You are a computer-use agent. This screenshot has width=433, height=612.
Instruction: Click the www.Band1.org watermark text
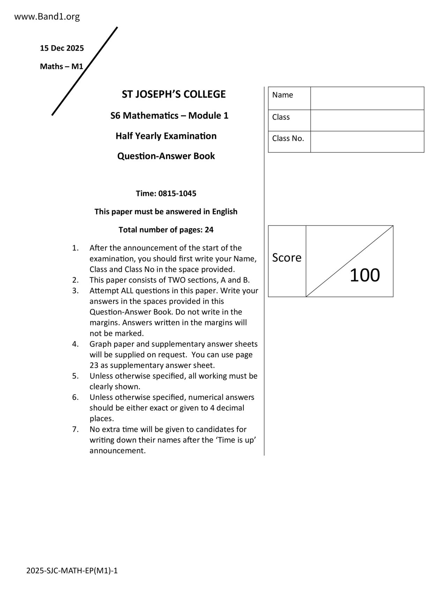pyautogui.click(x=47, y=16)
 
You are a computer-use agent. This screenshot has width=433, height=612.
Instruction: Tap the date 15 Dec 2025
pyautogui.click(x=62, y=48)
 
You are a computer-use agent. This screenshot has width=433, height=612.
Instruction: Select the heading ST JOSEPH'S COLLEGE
pyautogui.click(x=174, y=94)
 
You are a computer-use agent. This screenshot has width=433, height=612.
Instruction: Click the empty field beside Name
pyautogui.click(x=367, y=98)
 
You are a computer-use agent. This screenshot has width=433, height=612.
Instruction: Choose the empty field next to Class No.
pyautogui.click(x=367, y=142)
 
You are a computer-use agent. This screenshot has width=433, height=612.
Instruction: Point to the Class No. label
pyautogui.click(x=288, y=139)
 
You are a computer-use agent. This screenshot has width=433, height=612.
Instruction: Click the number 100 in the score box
pyautogui.click(x=365, y=275)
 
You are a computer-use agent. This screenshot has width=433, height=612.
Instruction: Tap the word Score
pyautogui.click(x=286, y=258)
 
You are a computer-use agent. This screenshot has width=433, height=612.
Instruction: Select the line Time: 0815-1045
pyautogui.click(x=166, y=193)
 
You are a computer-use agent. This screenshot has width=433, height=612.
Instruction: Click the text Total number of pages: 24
pyautogui.click(x=166, y=230)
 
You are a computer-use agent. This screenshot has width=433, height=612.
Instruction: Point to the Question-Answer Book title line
pyautogui.click(x=166, y=156)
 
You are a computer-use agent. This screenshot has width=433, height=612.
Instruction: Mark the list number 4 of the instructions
pyautogui.click(x=75, y=344)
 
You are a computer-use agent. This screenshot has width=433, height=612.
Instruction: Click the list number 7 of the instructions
pyautogui.click(x=75, y=429)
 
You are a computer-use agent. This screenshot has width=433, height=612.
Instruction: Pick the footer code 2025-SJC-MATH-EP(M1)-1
pyautogui.click(x=72, y=571)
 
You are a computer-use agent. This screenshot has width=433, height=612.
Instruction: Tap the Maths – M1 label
pyautogui.click(x=61, y=66)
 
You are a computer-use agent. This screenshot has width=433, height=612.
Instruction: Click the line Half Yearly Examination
pyautogui.click(x=166, y=136)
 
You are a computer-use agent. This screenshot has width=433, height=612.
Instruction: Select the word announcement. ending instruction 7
pyautogui.click(x=117, y=450)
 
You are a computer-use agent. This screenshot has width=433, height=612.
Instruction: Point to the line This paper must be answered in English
pyautogui.click(x=166, y=211)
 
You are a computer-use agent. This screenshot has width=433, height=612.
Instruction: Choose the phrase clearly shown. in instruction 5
pyautogui.click(x=115, y=387)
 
